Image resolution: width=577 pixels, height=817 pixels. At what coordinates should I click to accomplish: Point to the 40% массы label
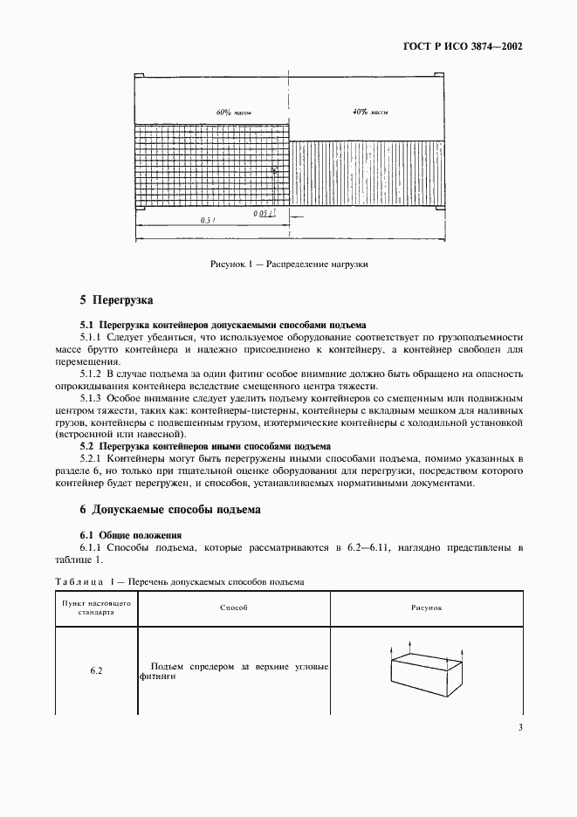(369, 113)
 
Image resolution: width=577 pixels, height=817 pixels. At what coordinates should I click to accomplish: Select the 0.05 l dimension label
(264, 212)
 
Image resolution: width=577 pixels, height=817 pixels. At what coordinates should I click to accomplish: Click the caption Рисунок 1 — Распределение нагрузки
(288, 264)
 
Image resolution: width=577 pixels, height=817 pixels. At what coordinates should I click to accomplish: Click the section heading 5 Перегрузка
(116, 300)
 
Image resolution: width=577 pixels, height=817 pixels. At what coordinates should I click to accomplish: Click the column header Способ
(235, 607)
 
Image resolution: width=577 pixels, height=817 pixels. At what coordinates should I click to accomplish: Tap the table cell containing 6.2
(96, 670)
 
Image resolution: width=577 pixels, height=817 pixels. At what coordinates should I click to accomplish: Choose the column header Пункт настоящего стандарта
(96, 608)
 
